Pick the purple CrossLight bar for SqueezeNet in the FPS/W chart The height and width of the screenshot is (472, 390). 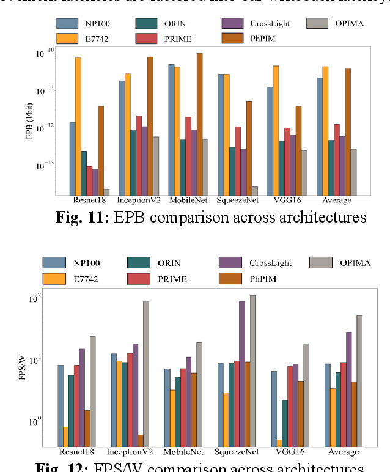[x=242, y=374]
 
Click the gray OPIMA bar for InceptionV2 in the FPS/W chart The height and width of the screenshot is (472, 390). [x=145, y=374]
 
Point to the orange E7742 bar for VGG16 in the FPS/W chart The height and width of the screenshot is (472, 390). [x=279, y=443]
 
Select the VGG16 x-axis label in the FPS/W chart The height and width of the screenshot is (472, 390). [x=287, y=452]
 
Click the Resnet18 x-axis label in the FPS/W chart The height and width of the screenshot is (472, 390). [x=76, y=452]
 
